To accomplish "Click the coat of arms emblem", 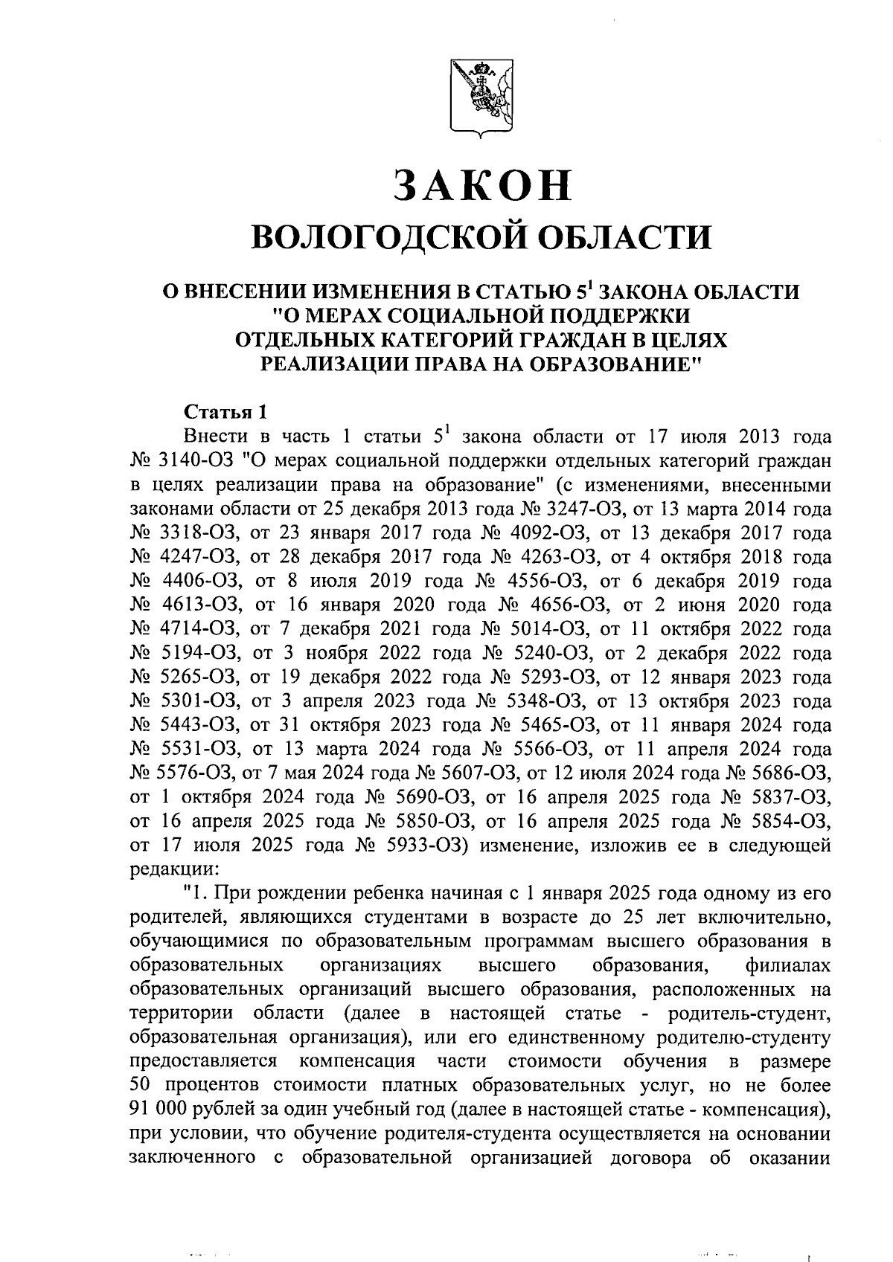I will point(481,100).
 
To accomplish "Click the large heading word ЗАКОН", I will point(484,186).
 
